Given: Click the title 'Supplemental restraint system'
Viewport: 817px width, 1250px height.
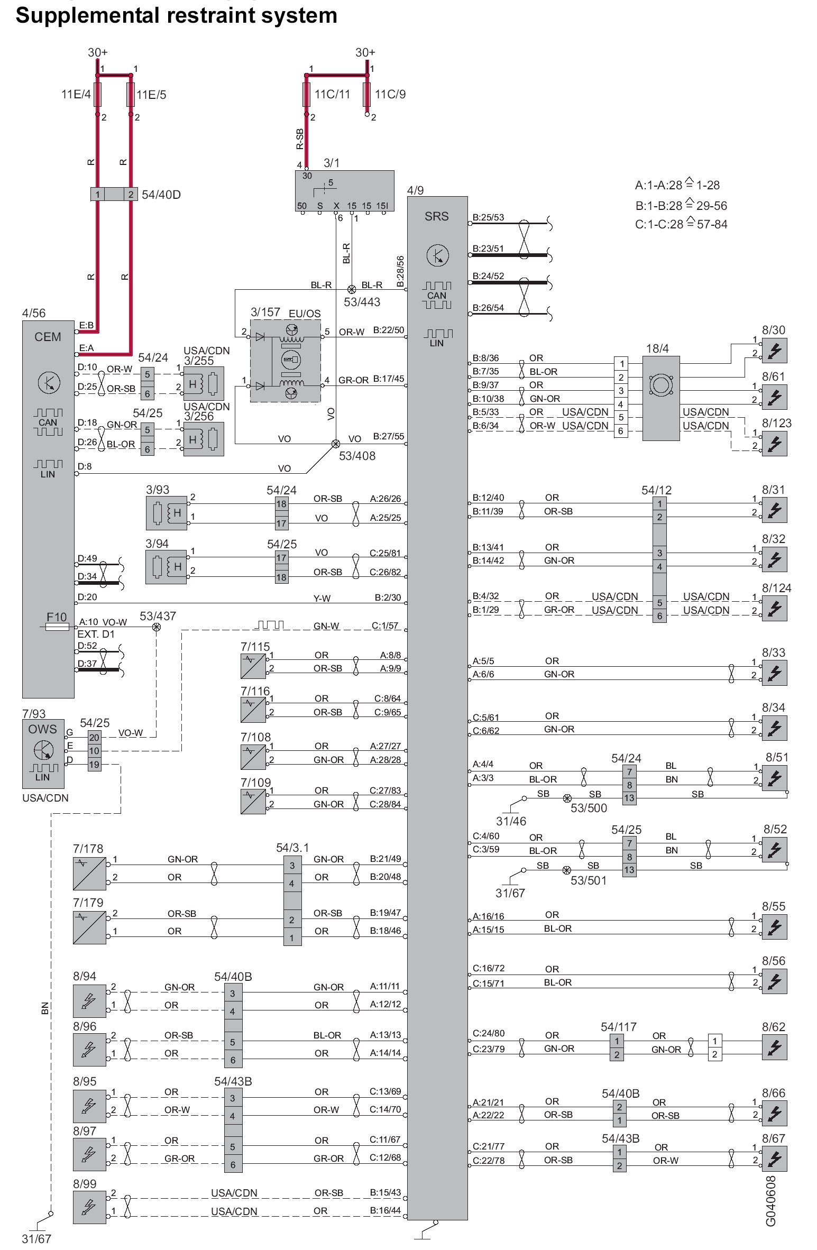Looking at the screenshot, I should click(x=176, y=16).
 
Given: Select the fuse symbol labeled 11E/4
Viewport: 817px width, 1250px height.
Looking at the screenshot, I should click(x=97, y=95).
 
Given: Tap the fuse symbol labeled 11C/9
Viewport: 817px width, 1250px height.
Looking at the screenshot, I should click(x=366, y=95).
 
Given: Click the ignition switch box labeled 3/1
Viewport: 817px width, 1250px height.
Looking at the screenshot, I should click(x=344, y=191).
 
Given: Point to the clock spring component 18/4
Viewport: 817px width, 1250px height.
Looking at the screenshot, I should click(x=660, y=398).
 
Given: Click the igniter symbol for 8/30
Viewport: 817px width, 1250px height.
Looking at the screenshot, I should click(x=774, y=351).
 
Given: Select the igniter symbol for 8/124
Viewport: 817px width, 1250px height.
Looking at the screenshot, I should click(x=774, y=608).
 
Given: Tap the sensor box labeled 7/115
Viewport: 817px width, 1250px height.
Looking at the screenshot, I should click(x=253, y=666).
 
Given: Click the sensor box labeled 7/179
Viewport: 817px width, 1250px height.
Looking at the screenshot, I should click(x=89, y=927).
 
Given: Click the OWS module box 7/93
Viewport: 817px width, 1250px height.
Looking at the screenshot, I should click(x=43, y=753).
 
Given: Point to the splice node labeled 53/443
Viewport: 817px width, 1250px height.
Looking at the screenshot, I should click(x=351, y=289).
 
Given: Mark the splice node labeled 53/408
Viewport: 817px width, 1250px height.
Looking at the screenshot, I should click(x=335, y=444).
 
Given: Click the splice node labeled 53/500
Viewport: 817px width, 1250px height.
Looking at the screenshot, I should click(x=567, y=798).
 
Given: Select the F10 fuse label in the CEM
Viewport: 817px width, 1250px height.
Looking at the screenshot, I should click(x=57, y=617).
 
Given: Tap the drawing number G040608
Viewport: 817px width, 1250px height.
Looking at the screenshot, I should click(x=771, y=1200).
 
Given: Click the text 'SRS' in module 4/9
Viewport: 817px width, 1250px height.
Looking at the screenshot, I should click(x=436, y=216).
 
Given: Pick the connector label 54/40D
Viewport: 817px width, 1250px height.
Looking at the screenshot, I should click(x=161, y=195).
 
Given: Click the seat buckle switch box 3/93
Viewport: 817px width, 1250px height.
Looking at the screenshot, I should click(x=166, y=513).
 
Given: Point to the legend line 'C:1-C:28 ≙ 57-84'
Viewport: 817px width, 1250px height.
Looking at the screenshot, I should click(x=681, y=225).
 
